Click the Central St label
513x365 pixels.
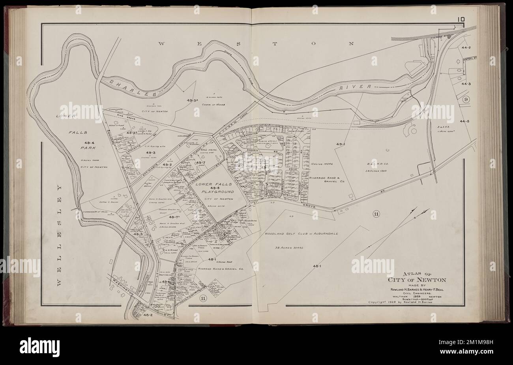tap(469, 60)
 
